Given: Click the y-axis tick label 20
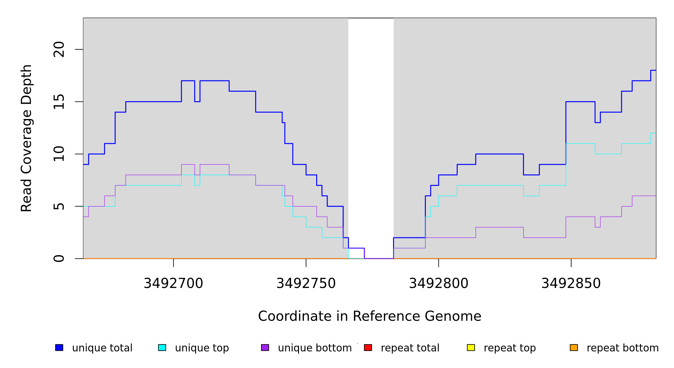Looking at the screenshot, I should coord(59,49).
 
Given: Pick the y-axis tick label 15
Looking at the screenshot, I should coord(59,102).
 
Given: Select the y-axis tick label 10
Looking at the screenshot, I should coord(59,154).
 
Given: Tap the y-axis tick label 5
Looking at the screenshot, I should coord(59,206).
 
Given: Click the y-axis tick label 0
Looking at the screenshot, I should coord(59,259).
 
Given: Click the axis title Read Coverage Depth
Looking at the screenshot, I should coord(26,138).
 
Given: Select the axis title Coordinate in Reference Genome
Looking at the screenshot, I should coord(369,316).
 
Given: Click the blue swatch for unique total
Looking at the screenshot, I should coord(59,347).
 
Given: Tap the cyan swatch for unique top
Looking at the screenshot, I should coord(162,347).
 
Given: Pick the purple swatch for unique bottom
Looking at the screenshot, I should coord(265,347).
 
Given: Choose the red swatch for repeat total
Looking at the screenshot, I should coord(368,347).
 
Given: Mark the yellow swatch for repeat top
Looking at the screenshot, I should coord(471,347).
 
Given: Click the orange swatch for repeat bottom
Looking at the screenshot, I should coord(574,347).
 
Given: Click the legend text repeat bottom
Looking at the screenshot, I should coord(623,348).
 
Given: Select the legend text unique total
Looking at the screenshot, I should coord(102,348).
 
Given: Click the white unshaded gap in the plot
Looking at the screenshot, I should coord(371,123).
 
